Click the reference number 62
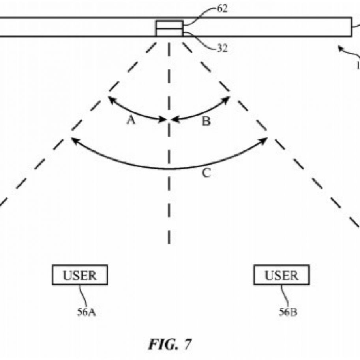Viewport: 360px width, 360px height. point(222,9)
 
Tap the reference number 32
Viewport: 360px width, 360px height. point(222,48)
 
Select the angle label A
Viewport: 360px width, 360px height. point(131,120)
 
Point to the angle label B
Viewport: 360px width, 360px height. point(206,122)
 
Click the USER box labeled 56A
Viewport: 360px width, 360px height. point(80,275)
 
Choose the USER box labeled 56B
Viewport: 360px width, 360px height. point(281,275)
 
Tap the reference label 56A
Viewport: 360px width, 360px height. point(86,313)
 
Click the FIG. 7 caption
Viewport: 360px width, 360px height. point(170,344)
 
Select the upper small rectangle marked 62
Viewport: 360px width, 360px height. point(169,24)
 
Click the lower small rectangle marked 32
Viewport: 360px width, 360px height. point(169,32)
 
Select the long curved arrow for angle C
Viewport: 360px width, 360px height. point(169,168)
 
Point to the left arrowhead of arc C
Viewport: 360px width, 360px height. point(73,139)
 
